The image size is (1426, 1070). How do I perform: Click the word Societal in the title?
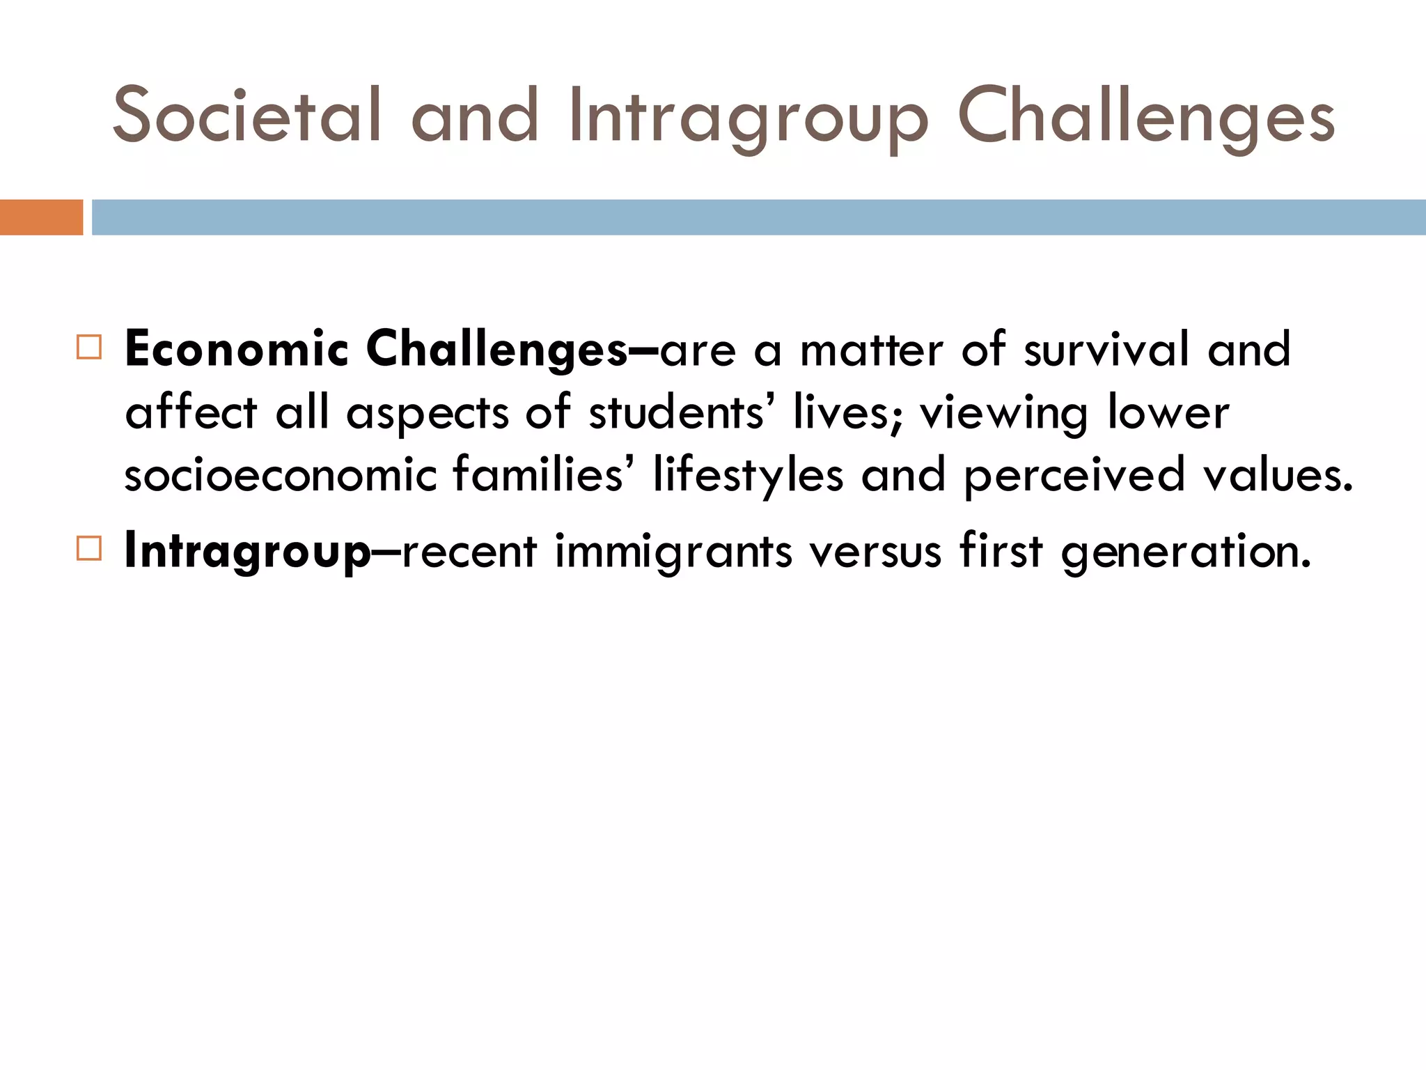point(246,116)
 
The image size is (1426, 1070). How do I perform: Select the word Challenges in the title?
point(1146,116)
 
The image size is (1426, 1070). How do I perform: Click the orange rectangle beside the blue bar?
point(41,217)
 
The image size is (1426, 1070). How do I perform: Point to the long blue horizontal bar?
point(758,217)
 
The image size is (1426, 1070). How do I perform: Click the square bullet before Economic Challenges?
point(89,347)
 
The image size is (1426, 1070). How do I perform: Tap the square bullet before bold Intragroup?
point(89,548)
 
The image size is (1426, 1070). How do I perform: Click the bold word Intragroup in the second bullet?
point(247,551)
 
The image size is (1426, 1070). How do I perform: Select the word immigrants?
point(673,551)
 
